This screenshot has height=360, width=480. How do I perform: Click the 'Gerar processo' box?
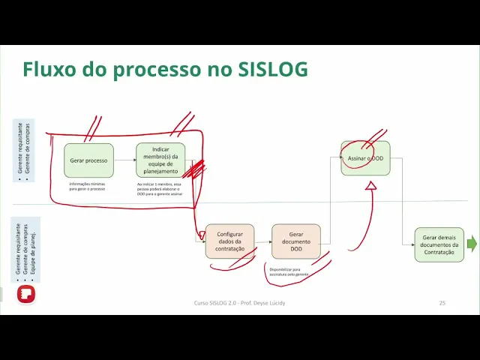point(88,160)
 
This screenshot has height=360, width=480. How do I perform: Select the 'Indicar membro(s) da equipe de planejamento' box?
point(160,160)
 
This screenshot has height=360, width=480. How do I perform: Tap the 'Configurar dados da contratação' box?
point(229,241)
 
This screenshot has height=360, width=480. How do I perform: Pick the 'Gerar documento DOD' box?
point(295,241)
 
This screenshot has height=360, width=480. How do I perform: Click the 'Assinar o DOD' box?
point(365,158)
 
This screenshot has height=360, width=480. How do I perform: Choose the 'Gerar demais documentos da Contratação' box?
point(439,244)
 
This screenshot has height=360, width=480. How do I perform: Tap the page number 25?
point(442,303)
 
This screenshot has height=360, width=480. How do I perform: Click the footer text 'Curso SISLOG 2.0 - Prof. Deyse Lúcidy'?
point(239,303)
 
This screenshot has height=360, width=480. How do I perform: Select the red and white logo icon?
point(26,293)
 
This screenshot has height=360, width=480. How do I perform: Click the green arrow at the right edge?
point(472,244)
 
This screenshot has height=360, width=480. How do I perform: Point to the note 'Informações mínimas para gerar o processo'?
point(88,187)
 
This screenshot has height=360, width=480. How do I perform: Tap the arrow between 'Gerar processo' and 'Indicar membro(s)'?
point(124,160)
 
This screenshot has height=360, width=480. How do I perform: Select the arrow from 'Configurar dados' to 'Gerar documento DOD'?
point(262,241)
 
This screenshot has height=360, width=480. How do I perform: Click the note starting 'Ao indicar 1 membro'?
point(160,189)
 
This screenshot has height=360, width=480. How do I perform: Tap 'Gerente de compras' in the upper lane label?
point(28,148)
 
